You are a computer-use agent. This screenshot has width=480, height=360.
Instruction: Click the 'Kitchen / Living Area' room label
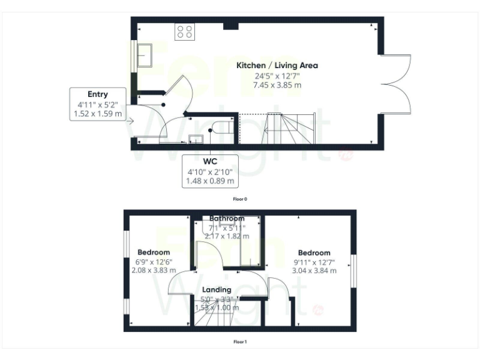pos(277,65)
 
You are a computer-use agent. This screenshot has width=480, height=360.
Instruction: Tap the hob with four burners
pos(185,31)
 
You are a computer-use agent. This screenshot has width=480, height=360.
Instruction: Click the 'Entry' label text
pos(97,94)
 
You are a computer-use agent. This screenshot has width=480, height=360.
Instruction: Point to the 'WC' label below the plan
pos(209,161)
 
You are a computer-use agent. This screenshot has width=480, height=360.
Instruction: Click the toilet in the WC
pos(224,127)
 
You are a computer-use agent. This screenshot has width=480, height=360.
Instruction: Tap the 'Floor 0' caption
pos(240,199)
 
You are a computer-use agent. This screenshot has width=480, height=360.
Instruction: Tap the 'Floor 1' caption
pos(240,342)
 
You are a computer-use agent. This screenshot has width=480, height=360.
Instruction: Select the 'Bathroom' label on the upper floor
pos(227,218)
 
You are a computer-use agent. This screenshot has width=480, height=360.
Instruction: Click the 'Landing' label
pos(217,289)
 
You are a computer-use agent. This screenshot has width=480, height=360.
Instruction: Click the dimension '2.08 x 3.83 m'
pos(154,271)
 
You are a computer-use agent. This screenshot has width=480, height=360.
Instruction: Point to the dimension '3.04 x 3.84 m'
pos(314,271)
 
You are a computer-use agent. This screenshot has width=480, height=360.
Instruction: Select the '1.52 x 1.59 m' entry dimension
pos(98,114)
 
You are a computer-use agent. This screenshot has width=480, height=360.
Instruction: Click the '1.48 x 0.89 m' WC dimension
pos(209,181)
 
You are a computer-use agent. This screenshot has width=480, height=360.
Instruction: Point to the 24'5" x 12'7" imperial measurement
pos(277,76)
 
